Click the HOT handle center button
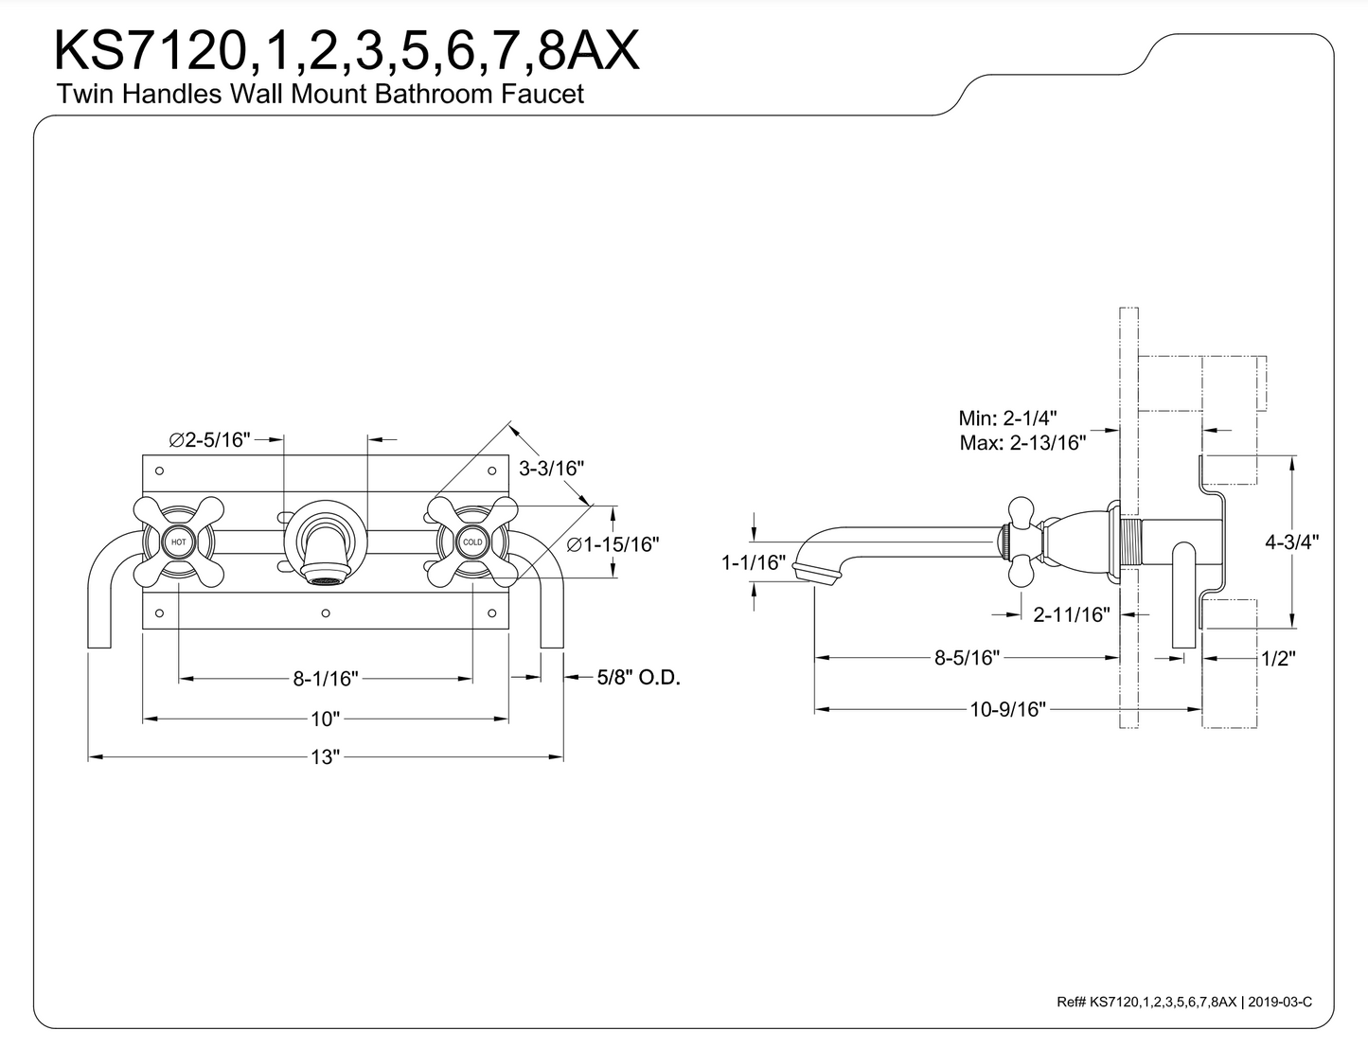(x=179, y=542)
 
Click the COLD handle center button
(x=472, y=542)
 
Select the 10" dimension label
(x=325, y=719)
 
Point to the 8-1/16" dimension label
(x=325, y=678)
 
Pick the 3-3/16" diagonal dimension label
(x=552, y=467)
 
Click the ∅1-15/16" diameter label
(x=613, y=544)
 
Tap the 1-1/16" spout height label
(x=754, y=562)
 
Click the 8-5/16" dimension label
(x=967, y=657)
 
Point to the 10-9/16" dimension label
(x=1007, y=709)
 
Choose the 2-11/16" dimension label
(x=1071, y=614)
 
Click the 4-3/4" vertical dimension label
(x=1292, y=542)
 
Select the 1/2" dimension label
(x=1277, y=658)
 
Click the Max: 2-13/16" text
(x=1022, y=442)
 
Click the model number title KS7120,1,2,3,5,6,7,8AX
(x=346, y=51)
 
